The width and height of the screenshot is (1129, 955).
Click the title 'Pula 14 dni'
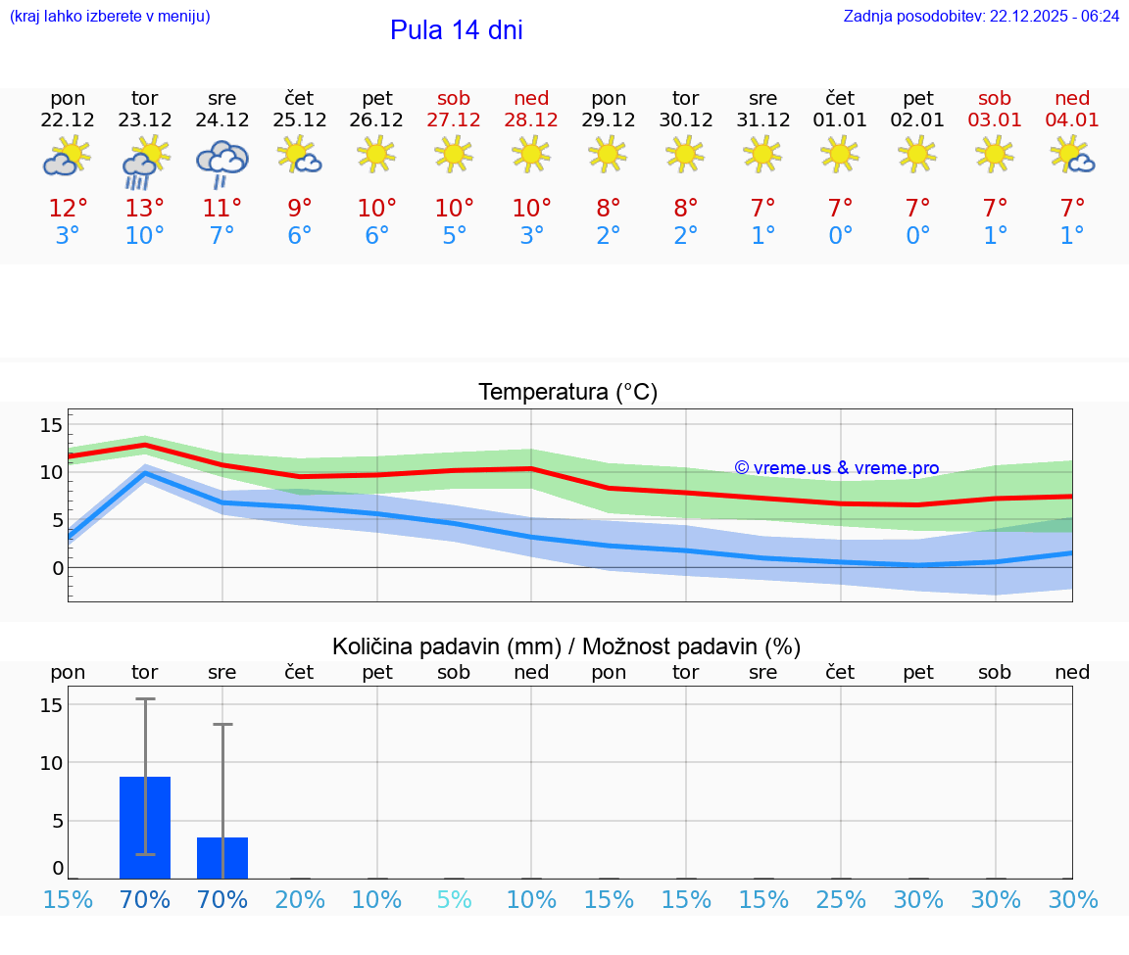click(x=456, y=30)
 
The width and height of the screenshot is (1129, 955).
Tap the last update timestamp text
click(x=981, y=17)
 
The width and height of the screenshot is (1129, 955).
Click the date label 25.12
click(x=299, y=120)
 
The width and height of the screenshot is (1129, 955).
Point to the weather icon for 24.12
click(x=222, y=163)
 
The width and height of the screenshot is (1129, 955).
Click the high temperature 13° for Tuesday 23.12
click(x=145, y=209)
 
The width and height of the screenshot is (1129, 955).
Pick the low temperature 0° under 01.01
click(x=840, y=236)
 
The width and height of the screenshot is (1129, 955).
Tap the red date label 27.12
click(x=454, y=120)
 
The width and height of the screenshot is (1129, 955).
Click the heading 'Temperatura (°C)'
click(x=567, y=393)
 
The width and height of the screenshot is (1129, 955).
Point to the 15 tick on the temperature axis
click(x=51, y=425)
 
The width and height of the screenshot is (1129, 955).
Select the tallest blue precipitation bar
click(x=145, y=828)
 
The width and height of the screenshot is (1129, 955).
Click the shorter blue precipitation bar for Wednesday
click(x=222, y=858)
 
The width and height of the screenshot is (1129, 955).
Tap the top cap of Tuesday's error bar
click(x=145, y=699)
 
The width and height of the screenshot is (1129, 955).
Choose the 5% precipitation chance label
click(x=454, y=899)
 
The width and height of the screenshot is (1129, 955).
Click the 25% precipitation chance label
click(x=840, y=899)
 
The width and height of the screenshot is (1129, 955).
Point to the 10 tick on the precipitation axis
click(x=51, y=763)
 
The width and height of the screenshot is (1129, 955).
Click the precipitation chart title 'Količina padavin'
click(x=446, y=646)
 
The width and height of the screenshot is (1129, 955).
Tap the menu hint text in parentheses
click(x=110, y=17)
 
